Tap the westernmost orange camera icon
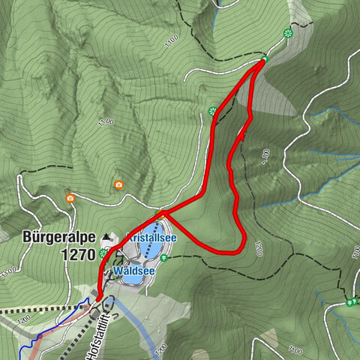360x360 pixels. point(70,198)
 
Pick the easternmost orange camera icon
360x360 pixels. point(118,184)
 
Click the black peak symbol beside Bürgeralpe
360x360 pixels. point(106,237)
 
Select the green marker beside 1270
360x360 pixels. point(102,253)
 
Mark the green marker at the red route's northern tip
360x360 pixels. point(265,58)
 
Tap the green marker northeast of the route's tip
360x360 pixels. point(286,32)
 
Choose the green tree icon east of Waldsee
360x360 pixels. point(164,259)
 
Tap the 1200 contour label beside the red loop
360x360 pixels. point(259,248)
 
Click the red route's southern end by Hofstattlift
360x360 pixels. point(96,301)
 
